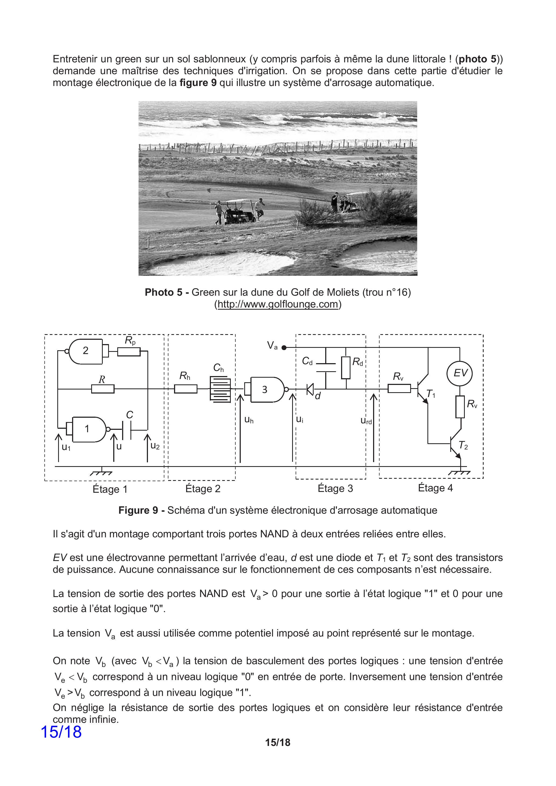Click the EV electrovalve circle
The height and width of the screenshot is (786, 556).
point(460,373)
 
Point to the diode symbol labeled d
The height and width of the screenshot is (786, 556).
point(310,389)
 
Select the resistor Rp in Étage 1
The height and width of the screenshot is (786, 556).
point(129,352)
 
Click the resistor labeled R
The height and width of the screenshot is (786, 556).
point(103,389)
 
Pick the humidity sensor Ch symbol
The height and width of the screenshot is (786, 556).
point(220,389)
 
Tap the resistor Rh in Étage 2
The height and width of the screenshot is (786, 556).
point(186,389)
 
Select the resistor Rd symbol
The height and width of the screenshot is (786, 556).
point(346,368)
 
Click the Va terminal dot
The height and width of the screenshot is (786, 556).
point(284,348)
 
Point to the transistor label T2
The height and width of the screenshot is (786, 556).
point(463,445)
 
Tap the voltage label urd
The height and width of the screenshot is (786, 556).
point(366,421)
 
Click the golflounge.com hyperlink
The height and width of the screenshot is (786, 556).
point(278,304)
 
